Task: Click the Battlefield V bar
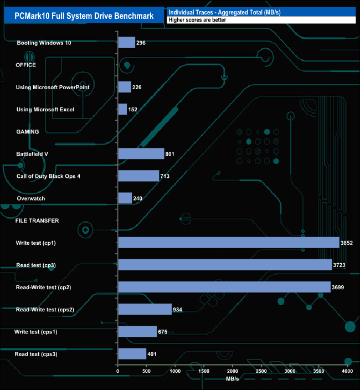tap(141, 153)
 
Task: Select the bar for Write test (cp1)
tap(229, 243)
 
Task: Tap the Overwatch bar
tap(125, 198)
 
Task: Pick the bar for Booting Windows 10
tap(127, 43)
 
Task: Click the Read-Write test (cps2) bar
tap(145, 309)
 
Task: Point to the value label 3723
tap(340, 265)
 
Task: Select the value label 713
tap(164, 176)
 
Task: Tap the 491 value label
tap(153, 354)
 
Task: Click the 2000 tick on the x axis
tap(233, 371)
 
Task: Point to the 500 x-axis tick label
tap(147, 371)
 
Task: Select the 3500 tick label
tap(318, 371)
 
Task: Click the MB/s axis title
tap(233, 379)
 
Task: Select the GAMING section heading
tap(27, 132)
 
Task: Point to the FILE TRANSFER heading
tap(37, 220)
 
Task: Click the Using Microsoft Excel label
tap(45, 110)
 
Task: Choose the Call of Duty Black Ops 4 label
tap(49, 176)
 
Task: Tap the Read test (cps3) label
tap(35, 354)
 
